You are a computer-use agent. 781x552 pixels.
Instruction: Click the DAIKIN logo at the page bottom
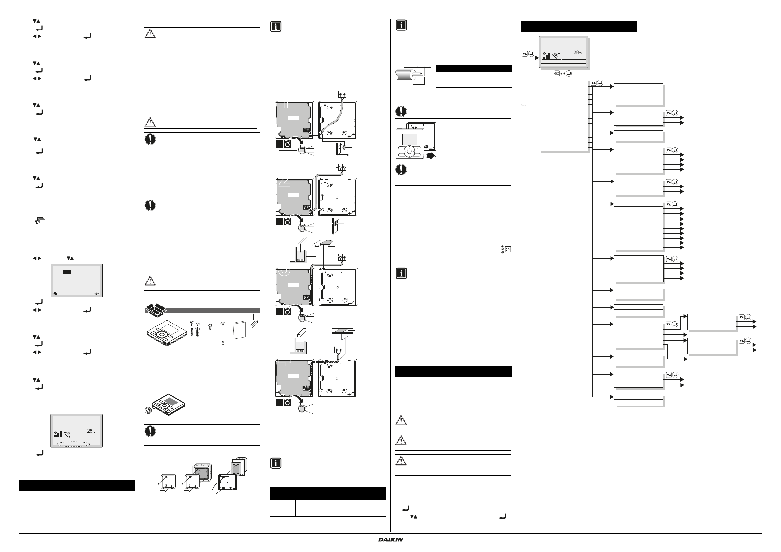click(390, 539)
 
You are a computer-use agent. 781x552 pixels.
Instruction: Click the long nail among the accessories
click(223, 333)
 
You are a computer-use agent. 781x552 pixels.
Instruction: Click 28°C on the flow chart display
click(577, 52)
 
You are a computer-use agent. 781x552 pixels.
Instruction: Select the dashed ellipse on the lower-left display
click(73, 444)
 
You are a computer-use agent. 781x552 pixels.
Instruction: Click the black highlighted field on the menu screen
click(67, 272)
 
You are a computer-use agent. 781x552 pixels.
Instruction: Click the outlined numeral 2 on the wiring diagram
click(285, 182)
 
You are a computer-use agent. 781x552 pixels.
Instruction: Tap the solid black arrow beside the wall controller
click(430, 155)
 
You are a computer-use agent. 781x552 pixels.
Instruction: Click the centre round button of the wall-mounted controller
click(410, 151)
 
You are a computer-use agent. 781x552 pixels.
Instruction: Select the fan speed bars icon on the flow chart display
click(546, 55)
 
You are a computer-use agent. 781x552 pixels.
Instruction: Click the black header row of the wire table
click(473, 68)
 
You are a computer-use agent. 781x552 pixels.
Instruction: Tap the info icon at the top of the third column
click(275, 27)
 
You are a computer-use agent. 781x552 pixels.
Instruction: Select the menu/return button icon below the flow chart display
click(557, 73)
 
